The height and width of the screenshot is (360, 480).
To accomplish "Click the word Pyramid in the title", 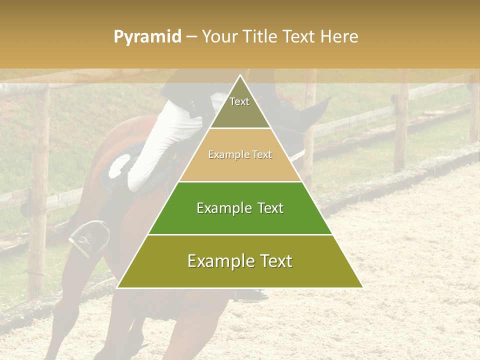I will (147, 37).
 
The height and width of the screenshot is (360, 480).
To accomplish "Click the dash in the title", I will (191, 37).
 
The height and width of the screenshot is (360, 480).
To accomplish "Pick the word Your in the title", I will (219, 37).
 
